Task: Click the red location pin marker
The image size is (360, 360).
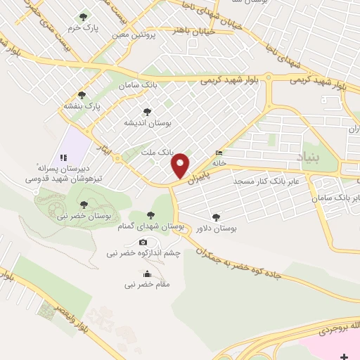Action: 181,165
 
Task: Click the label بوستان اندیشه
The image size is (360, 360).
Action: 148,122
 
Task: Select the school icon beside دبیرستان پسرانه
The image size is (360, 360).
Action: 63,157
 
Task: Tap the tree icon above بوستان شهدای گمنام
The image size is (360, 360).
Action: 150,215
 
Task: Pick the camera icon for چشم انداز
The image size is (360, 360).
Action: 143,243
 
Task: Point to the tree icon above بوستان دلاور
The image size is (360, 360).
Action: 215,217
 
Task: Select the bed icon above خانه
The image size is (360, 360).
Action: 220,153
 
